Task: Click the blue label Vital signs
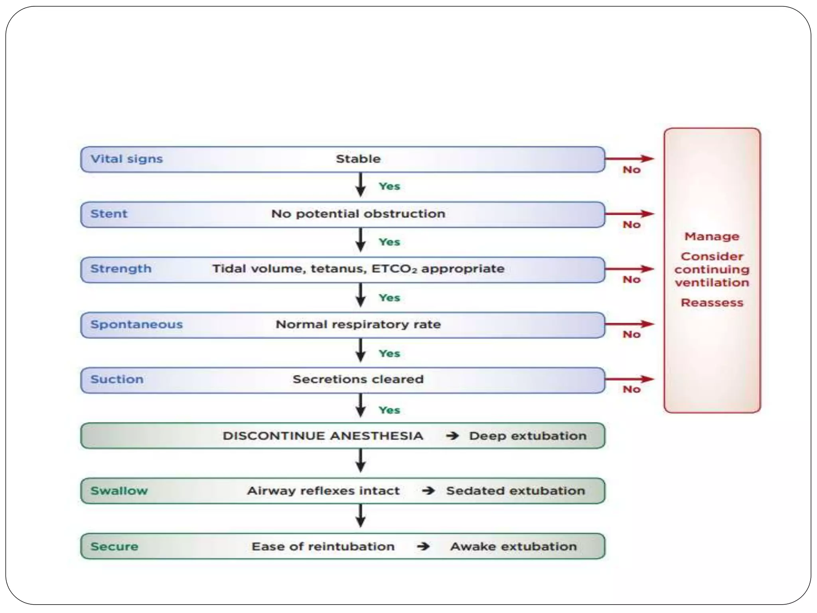pos(126,159)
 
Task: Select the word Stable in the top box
pos(358,159)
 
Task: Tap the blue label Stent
pos(109,214)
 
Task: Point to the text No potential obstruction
pos(358,214)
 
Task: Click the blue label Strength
pos(120,269)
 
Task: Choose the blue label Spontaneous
pos(136,324)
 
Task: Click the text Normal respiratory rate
pos(358,324)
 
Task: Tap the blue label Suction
pos(116,379)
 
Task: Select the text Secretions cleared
pos(358,379)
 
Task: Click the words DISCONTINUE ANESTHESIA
pos(322,436)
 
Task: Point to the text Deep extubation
pos(527,436)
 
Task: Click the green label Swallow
pos(119,491)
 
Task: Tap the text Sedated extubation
pos(515,491)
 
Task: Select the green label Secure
pos(114,546)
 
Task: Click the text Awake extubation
pos(513,546)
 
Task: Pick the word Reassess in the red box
pos(712,303)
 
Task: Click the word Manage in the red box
pos(712,237)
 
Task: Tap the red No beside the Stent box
pos(631,225)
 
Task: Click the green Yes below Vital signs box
pos(389,186)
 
